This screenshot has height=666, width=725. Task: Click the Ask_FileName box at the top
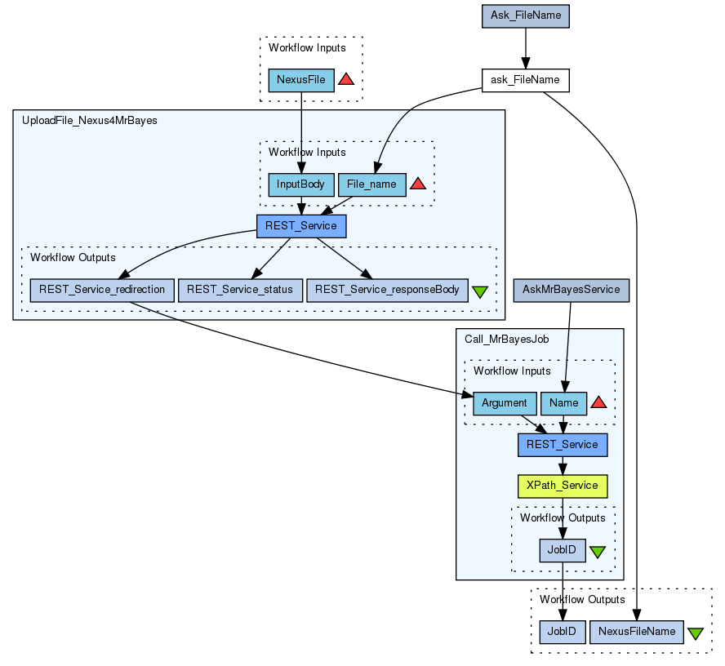click(525, 16)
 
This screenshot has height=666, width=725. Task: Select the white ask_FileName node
click(525, 80)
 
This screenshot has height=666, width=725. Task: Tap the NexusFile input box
click(301, 80)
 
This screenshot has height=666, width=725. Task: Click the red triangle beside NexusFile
click(345, 79)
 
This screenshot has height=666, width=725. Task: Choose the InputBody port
click(300, 184)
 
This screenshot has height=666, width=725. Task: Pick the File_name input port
click(371, 184)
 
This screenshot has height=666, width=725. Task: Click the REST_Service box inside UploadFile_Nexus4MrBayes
click(300, 225)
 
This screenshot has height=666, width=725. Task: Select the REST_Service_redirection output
click(102, 290)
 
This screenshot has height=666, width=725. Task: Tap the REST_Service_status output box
click(240, 290)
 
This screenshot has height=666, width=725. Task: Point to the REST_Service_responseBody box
click(387, 290)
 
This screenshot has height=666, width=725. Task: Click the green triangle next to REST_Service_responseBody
click(480, 291)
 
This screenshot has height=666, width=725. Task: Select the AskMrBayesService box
click(572, 290)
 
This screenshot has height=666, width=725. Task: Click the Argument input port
click(505, 403)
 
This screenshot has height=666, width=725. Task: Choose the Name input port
click(563, 403)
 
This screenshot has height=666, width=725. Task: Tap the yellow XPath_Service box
click(563, 486)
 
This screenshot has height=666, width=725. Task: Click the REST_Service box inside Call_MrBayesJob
click(563, 445)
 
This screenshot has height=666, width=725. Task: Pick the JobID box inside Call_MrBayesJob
click(563, 550)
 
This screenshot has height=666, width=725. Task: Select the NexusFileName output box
click(636, 632)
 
